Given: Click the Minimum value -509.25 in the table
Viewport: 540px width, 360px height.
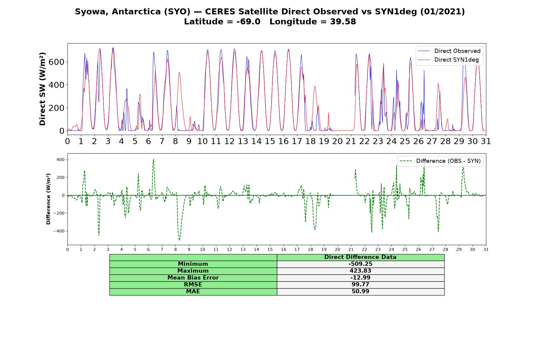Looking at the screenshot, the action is coord(360,264).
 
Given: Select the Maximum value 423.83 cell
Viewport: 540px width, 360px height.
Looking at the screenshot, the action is coord(360,271).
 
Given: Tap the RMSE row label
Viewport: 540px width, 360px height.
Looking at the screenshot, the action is coord(193,285).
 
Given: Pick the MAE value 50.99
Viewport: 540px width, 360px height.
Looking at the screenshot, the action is coord(360,292).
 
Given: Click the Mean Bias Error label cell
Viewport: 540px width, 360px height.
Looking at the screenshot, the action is coord(193,278).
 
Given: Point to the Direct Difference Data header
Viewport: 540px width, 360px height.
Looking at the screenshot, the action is coord(360,257).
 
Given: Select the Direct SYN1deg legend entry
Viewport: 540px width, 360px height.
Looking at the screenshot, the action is coord(448,60).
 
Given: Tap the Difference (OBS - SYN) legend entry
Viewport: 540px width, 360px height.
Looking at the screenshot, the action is coord(440,161).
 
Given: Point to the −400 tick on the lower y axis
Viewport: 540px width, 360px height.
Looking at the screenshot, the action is coord(59,231).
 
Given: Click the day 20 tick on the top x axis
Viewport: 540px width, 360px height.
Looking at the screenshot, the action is coord(337,141).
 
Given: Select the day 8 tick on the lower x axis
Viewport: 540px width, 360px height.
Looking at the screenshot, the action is coord(175,249).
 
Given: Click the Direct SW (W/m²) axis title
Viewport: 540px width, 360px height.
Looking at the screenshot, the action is coord(42,89).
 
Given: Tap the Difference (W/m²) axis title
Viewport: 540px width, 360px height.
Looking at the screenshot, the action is coord(48,199).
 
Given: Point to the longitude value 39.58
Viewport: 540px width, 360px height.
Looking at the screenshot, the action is coord(343,22).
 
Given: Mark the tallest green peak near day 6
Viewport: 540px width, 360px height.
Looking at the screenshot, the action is coord(153,159).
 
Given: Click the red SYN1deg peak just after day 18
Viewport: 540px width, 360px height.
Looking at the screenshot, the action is coord(315,86).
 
